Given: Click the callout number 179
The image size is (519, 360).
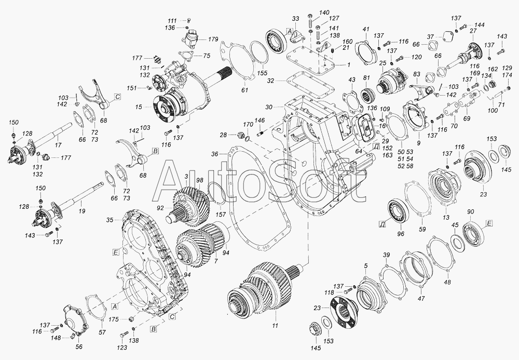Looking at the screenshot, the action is [213, 39].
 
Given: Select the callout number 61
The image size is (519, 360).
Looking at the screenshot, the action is [244, 89].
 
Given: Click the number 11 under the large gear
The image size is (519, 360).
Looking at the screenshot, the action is [275, 326].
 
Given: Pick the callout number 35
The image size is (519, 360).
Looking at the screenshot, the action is [110, 220].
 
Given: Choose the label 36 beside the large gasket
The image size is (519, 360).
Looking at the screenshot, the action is [215, 154].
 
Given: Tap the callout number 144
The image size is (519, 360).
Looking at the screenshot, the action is [479, 25].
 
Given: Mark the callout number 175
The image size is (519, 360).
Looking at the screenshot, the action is [114, 319].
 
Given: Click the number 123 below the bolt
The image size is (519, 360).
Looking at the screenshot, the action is [122, 348].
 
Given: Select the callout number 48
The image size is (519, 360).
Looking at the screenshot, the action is [447, 283].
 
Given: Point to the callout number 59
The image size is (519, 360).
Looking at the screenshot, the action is [422, 229].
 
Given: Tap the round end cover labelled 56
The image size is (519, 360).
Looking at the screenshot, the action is [75, 321].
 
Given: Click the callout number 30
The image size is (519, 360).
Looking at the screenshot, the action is [268, 107].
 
